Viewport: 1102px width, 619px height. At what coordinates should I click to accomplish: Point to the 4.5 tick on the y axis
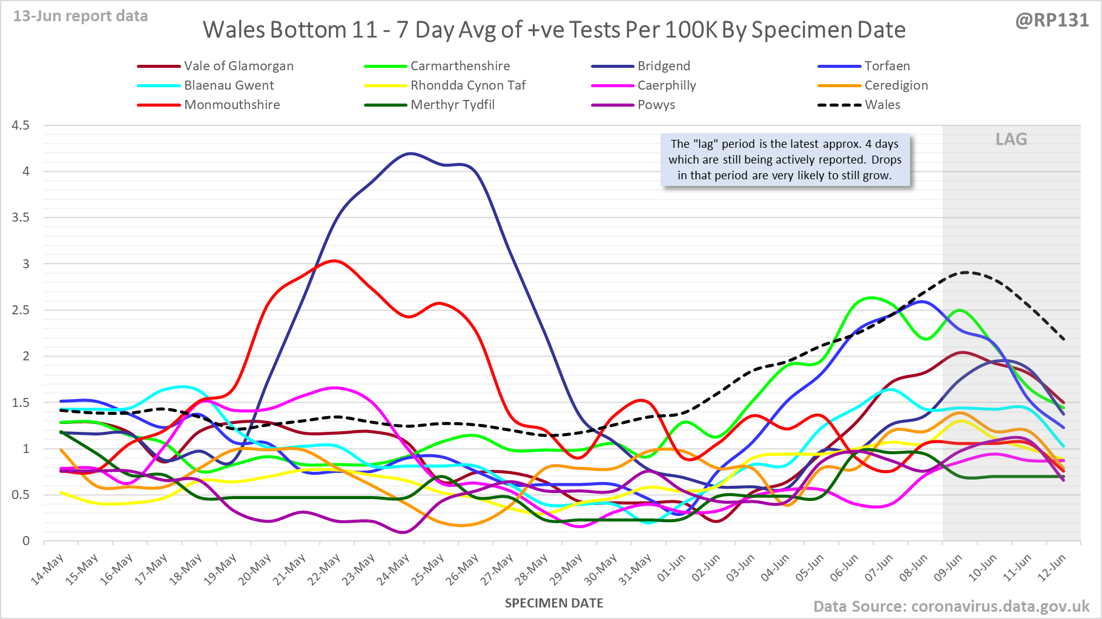click(x=20, y=125)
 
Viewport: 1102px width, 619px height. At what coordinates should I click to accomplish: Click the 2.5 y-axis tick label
click(x=20, y=310)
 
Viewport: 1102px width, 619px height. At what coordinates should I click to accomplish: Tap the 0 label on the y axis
click(x=25, y=541)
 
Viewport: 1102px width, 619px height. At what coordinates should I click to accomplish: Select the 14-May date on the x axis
click(x=48, y=569)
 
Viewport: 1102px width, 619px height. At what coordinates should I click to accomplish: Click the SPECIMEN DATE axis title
click(x=554, y=603)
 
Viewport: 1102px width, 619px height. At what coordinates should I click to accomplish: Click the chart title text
click(x=554, y=30)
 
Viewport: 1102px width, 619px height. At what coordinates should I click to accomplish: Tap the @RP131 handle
click(x=1052, y=20)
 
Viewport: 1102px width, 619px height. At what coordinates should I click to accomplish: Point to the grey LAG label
click(x=1011, y=139)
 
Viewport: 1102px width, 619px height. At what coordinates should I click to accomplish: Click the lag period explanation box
click(x=785, y=160)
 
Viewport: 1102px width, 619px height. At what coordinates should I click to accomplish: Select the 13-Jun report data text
click(x=81, y=16)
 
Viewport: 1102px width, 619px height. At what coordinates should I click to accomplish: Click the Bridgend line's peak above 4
click(x=411, y=153)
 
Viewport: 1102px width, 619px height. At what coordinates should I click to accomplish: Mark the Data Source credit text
click(x=951, y=606)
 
